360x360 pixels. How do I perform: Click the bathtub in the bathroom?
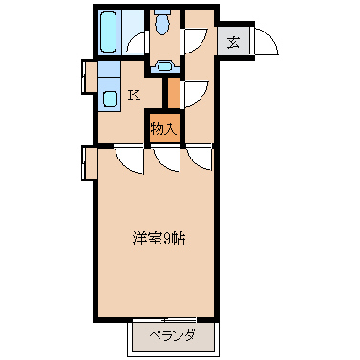point(108,32)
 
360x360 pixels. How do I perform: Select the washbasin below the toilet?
point(164,66)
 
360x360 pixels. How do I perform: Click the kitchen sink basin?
point(110,98)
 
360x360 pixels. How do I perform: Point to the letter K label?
point(134,95)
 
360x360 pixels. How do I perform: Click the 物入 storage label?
point(163,129)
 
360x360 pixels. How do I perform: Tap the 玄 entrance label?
point(233,42)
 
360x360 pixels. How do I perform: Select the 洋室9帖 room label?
point(159,239)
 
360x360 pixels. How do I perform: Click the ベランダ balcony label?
point(172,336)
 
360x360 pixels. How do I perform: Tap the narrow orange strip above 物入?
point(173,94)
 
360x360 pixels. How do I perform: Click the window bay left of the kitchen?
point(90,76)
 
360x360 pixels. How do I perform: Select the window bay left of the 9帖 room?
point(90,162)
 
